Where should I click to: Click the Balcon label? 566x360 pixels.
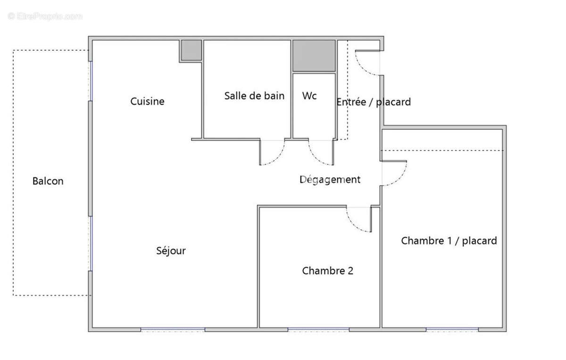click(48, 181)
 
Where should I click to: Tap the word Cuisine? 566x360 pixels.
click(147, 101)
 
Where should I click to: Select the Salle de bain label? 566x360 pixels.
click(254, 96)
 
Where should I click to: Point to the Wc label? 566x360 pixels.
click(309, 96)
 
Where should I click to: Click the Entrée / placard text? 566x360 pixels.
click(373, 102)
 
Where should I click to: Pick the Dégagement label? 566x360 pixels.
click(330, 180)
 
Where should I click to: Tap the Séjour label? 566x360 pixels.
click(171, 251)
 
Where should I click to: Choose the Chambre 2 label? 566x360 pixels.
click(327, 271)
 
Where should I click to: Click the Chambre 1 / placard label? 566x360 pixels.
click(449, 241)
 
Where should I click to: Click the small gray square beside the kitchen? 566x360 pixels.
click(191, 50)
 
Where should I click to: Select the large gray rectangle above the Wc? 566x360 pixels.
click(314, 55)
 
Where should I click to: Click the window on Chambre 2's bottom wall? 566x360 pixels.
click(318, 329)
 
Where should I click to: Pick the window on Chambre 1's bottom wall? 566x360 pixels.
click(452, 329)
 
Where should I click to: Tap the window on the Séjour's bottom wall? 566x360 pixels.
click(173, 329)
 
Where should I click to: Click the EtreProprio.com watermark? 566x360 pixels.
click(45, 17)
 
